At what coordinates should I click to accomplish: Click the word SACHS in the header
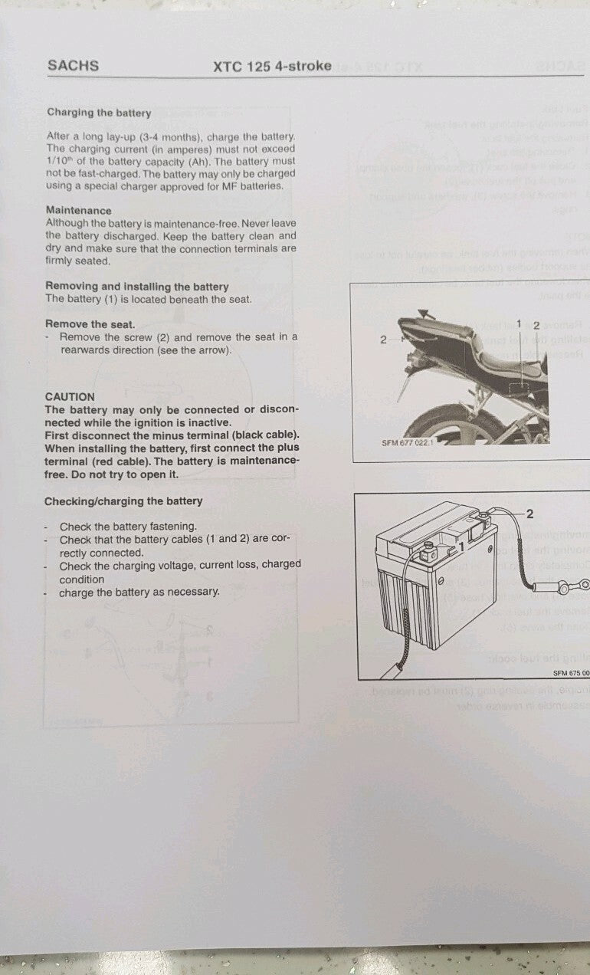pos(73,66)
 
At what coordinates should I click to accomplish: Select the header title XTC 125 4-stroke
pos(272,66)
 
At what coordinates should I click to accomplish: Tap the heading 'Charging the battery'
pos(99,113)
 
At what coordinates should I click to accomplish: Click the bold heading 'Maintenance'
pos(78,210)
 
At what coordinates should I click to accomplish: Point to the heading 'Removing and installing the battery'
pos(136,287)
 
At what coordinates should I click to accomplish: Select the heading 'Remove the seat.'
pos(90,324)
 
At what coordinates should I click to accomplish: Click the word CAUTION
pos(70,397)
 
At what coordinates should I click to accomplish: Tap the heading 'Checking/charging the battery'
pos(123,501)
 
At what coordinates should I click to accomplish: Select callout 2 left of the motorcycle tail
pos(383,340)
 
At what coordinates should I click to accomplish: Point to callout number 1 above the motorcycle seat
pos(519,324)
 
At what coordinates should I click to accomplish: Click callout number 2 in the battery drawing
pos(529,514)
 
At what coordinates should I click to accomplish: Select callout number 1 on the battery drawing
pos(461,547)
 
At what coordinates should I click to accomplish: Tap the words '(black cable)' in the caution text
pos(265,435)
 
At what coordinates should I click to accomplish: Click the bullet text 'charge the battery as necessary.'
pos(139,592)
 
